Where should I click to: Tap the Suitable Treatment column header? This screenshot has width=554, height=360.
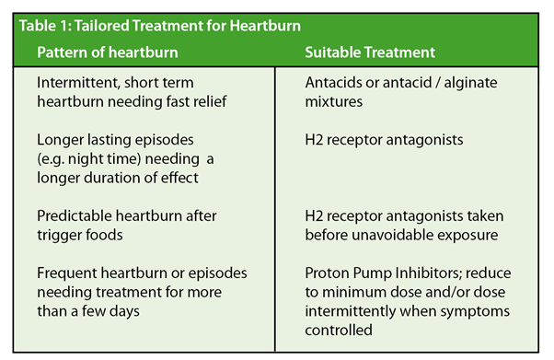tap(370, 52)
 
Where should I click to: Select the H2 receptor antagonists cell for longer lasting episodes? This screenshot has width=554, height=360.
tap(384, 140)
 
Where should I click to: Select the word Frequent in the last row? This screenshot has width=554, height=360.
tap(66, 274)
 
